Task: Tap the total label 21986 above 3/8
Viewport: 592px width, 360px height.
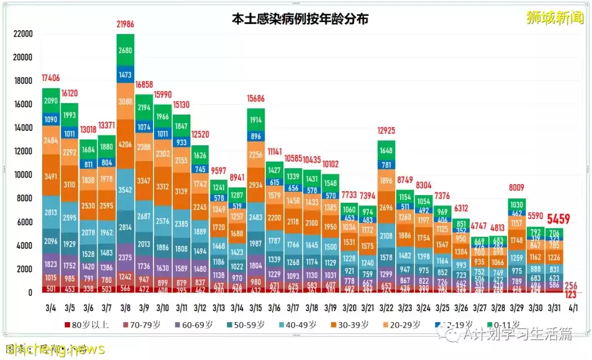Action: [126, 24]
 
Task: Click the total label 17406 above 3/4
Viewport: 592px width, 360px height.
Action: [50, 78]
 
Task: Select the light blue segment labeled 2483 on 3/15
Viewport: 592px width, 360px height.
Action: [256, 218]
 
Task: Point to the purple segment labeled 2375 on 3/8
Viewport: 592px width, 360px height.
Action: [126, 258]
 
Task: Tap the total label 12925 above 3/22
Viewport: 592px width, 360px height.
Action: [386, 131]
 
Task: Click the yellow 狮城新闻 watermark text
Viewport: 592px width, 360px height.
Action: [555, 18]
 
